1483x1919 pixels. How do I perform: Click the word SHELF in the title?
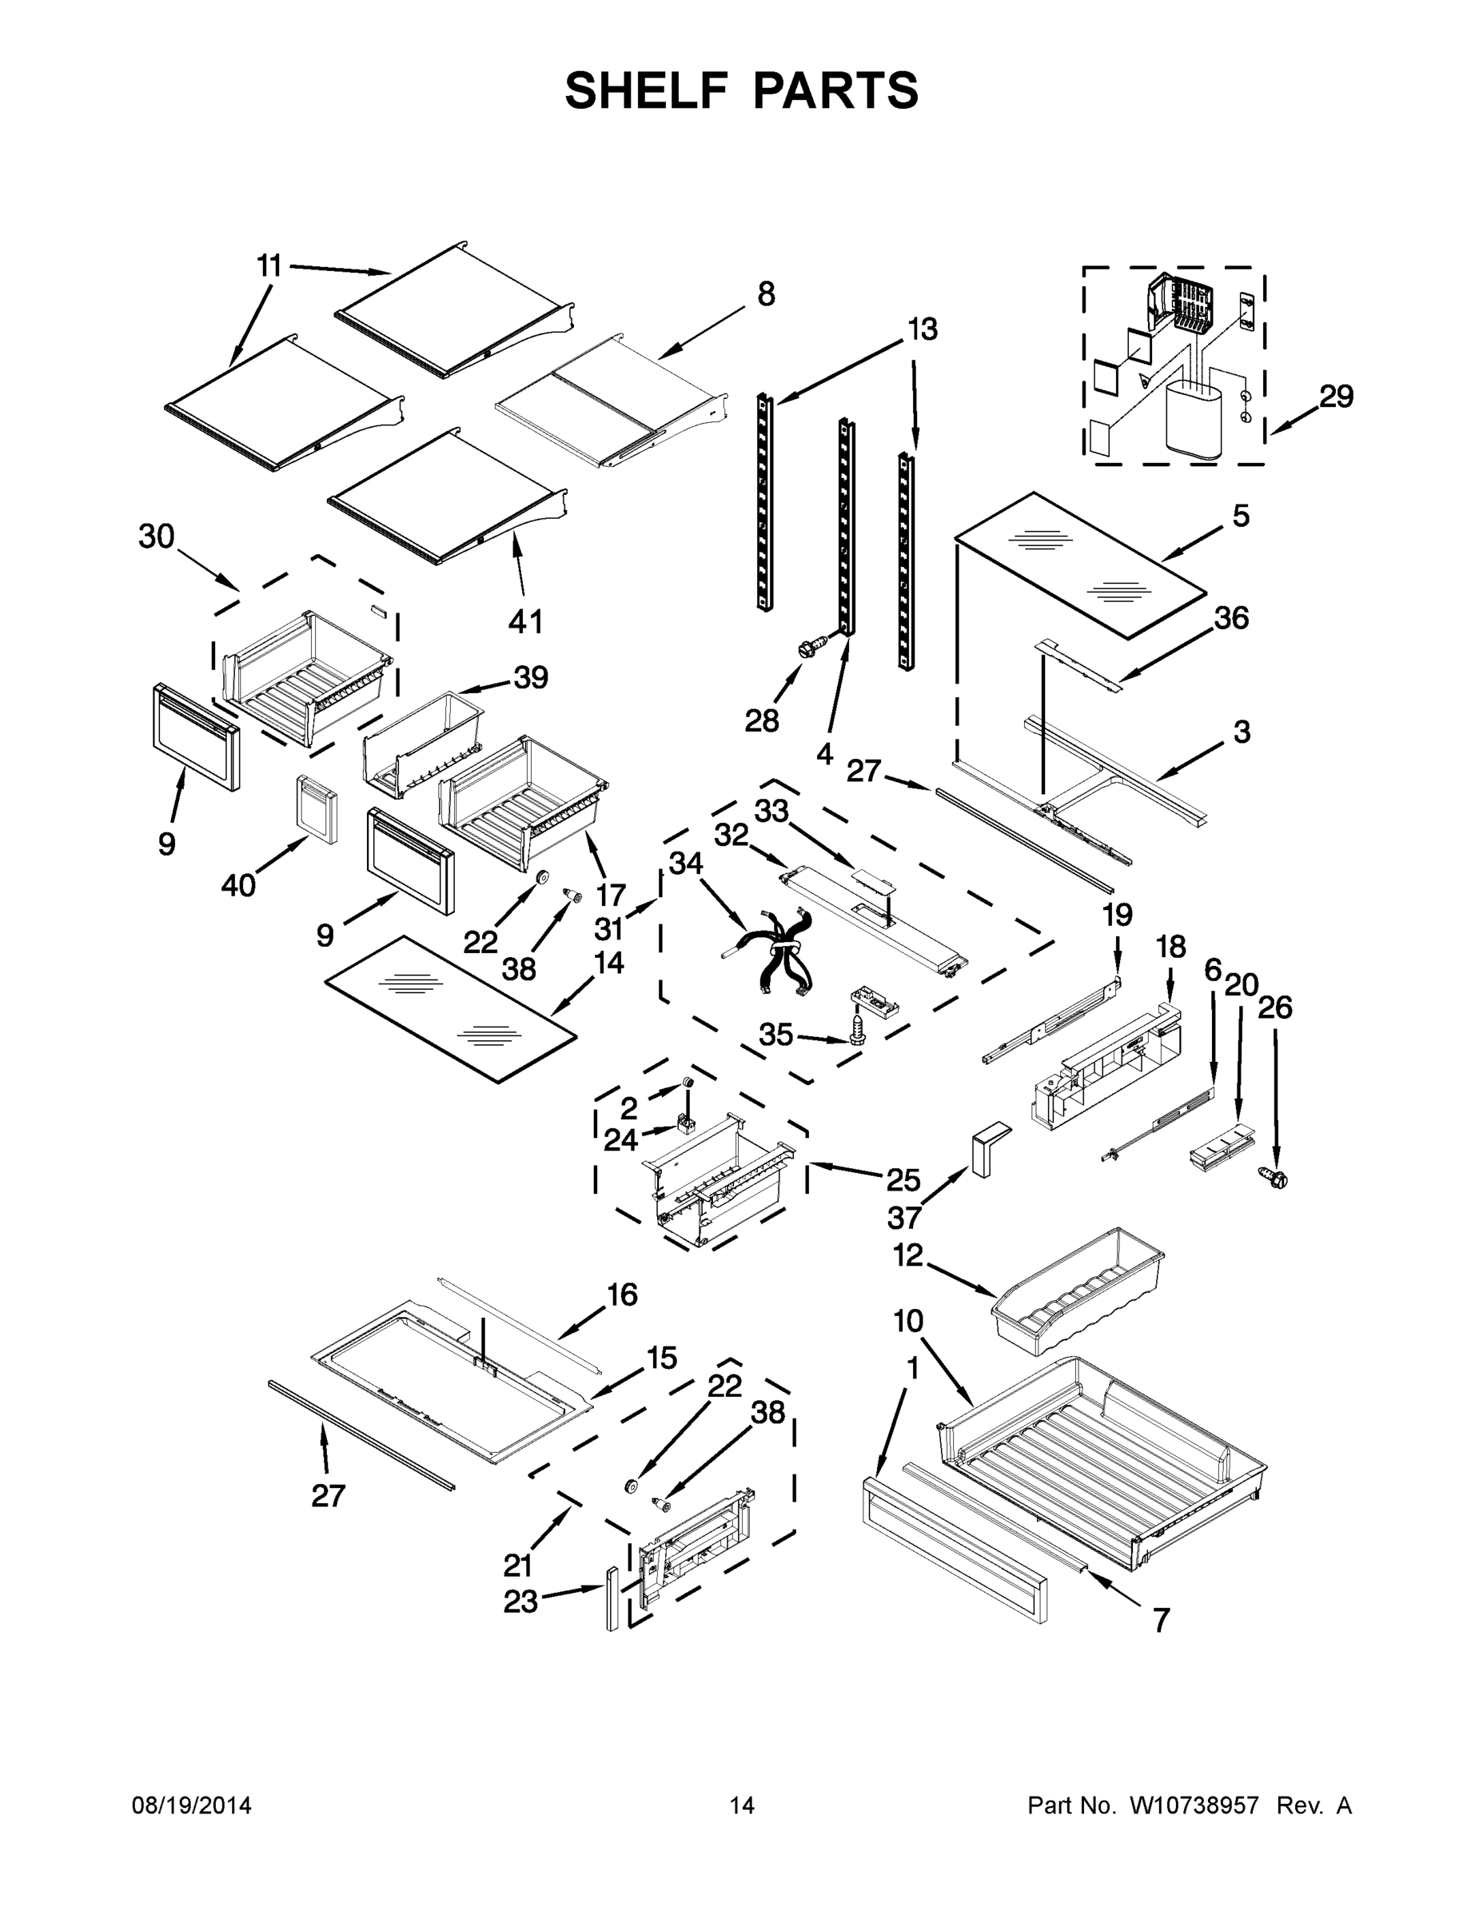click(646, 90)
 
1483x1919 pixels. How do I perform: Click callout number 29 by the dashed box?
click(1335, 397)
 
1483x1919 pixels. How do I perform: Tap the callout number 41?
click(525, 621)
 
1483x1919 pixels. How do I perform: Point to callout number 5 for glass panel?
click(1240, 516)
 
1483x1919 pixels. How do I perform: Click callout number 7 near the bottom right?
click(1162, 1619)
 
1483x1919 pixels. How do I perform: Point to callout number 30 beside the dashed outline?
click(157, 536)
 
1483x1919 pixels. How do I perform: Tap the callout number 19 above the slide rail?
click(1118, 915)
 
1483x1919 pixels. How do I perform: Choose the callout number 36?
click(1231, 618)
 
